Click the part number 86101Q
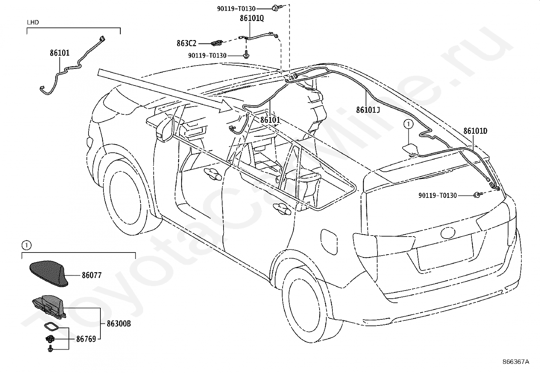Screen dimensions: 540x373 [252, 18]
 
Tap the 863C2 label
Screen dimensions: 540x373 [186, 43]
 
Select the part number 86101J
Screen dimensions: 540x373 [368, 110]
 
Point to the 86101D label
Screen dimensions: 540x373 [476, 131]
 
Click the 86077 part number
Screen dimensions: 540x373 [92, 275]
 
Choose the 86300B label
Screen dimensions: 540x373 [119, 323]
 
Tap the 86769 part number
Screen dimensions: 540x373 [86, 339]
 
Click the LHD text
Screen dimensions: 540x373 [33, 22]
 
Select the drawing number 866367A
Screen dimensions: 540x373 [516, 362]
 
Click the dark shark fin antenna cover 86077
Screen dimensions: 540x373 [49, 274]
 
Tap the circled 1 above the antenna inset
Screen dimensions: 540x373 [26, 246]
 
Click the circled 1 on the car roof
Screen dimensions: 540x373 [408, 124]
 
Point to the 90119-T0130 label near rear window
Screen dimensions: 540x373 [438, 195]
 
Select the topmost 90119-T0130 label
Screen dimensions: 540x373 [236, 9]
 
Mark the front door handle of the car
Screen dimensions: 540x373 [213, 174]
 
